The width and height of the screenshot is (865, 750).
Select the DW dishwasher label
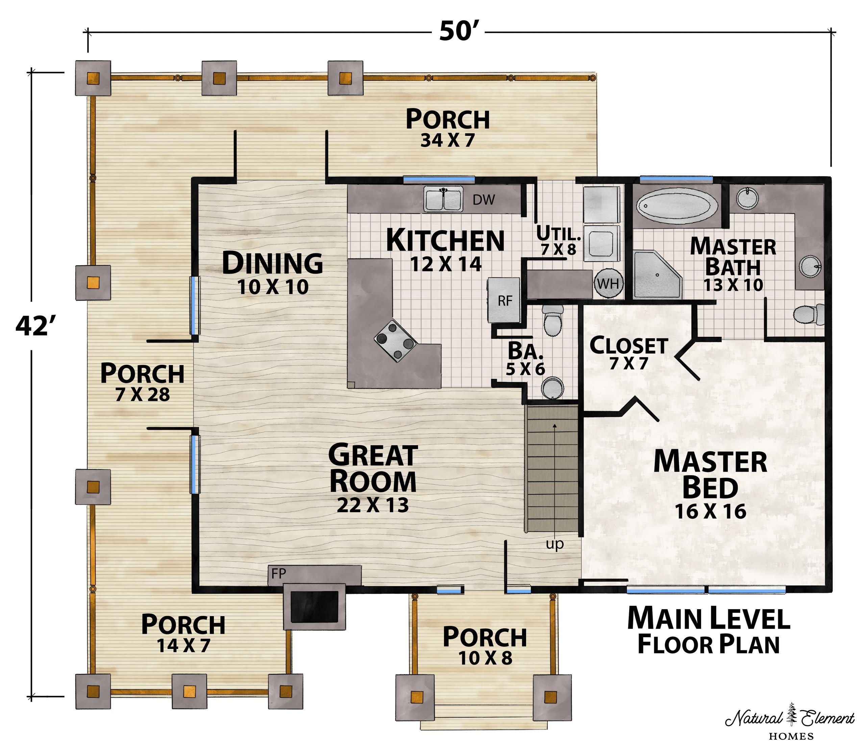click(x=484, y=200)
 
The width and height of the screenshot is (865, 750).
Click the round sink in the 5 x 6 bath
click(x=553, y=388)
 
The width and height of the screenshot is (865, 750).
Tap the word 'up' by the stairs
click(x=555, y=544)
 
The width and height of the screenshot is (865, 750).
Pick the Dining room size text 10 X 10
click(x=273, y=287)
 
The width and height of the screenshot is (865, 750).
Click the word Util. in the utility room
click(x=559, y=232)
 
